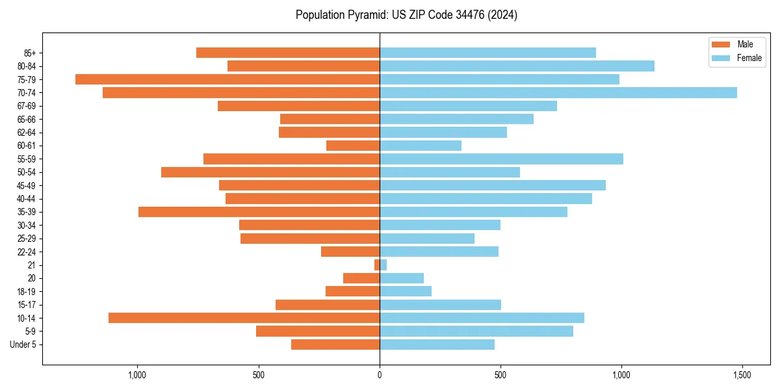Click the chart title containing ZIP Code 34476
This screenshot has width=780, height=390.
coord(406,15)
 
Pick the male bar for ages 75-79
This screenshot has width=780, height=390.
coord(227,79)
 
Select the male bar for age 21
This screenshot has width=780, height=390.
coord(377,265)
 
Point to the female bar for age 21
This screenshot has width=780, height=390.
coord(383,265)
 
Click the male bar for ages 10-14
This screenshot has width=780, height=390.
coord(244,318)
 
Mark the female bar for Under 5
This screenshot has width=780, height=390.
coord(437,344)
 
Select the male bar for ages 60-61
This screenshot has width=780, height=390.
coord(353,146)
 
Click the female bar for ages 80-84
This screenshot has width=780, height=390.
coord(517,66)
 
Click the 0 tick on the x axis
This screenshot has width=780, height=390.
coord(380,376)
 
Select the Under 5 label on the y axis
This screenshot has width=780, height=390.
coord(23,344)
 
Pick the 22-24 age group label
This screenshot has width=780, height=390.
coord(26,252)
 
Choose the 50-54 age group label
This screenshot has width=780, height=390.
coord(26,172)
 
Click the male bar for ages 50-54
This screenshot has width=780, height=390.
coord(270,172)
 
